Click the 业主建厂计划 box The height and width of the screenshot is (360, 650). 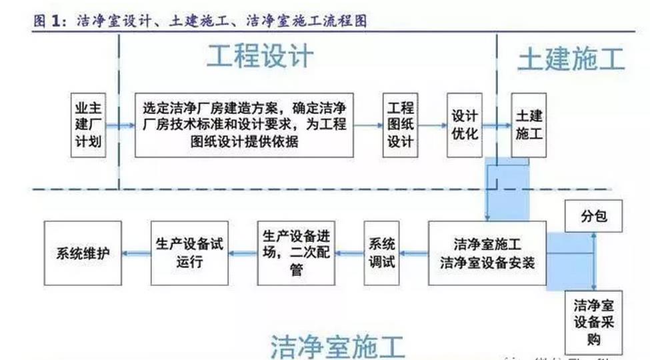(89, 124)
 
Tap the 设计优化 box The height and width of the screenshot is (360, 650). (465, 125)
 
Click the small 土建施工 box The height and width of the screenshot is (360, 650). (529, 125)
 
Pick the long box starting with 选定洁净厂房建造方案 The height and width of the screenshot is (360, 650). (244, 125)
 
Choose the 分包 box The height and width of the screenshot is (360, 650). (593, 217)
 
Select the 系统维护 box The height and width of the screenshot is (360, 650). (83, 253)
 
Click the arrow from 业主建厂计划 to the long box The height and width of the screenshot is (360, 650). (121, 125)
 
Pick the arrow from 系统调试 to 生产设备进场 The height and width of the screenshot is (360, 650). (349, 253)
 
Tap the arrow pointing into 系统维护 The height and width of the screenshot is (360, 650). (136, 253)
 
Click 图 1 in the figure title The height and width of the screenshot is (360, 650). (50, 21)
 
